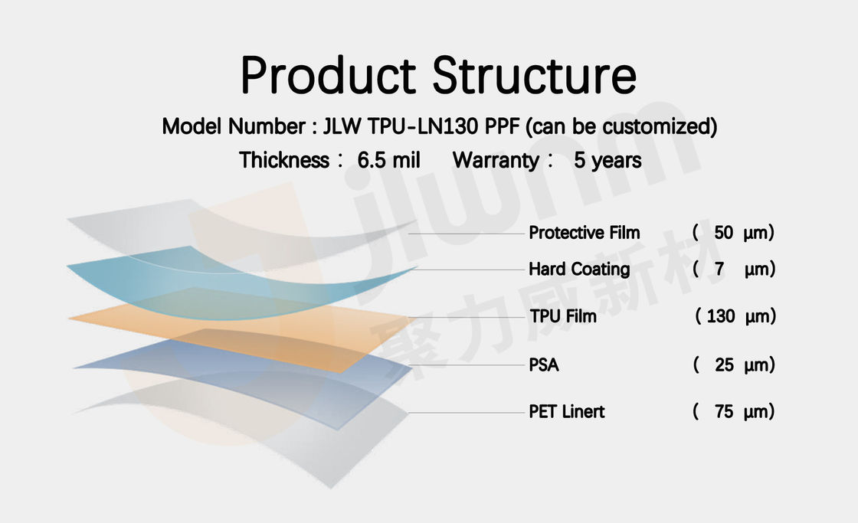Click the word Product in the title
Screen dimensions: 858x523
tap(329, 76)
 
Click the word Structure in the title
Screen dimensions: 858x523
tap(535, 76)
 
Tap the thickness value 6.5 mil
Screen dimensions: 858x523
tap(388, 160)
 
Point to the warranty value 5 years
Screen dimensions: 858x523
tap(607, 160)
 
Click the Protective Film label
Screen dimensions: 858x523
tap(584, 233)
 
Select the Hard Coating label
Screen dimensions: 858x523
tap(579, 270)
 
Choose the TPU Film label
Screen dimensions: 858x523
tap(562, 316)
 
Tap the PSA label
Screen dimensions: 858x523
tap(543, 365)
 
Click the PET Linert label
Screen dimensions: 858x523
tap(566, 411)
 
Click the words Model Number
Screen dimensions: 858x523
tap(233, 126)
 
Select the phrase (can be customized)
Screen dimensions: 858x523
tap(621, 126)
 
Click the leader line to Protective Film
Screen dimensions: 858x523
tap(467, 234)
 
